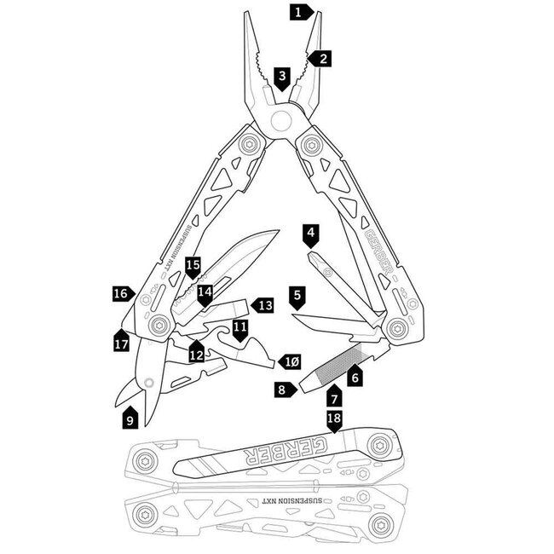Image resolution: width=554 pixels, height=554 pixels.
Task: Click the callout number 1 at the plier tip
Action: [x=297, y=12]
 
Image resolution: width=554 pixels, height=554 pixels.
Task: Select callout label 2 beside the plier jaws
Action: [x=320, y=59]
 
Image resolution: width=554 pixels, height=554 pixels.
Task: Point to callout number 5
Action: [x=297, y=297]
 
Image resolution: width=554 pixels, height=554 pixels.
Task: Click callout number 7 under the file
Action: [x=335, y=397]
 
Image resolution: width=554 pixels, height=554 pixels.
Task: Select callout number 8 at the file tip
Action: [x=281, y=389]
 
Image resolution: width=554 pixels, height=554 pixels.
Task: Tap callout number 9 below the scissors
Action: [x=130, y=419]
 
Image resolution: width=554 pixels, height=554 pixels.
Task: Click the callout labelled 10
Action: [x=291, y=361]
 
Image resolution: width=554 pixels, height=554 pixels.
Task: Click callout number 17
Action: [x=121, y=343]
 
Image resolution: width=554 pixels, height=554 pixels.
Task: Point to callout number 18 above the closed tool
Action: [x=335, y=419]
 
